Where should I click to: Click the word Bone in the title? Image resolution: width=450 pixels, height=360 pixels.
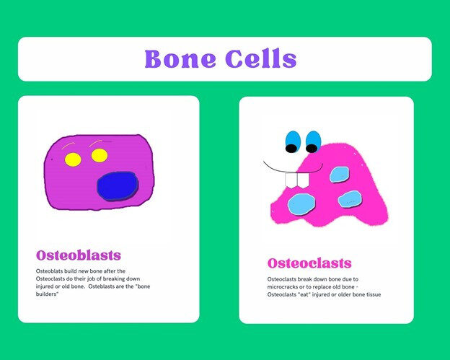coord(180,59)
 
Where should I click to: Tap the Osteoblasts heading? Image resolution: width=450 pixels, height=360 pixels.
coord(79,255)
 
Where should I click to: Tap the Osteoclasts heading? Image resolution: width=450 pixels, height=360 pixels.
coord(309,263)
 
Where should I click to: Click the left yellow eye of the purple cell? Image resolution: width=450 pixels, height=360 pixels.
coord(73,159)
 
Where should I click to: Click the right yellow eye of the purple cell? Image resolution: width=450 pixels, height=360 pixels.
coord(100,156)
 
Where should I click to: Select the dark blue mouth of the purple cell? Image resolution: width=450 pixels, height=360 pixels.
coord(118,186)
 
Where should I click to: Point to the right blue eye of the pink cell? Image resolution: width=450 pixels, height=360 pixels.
coord(313,141)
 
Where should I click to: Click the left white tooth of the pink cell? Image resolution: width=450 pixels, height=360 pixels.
coord(291,181)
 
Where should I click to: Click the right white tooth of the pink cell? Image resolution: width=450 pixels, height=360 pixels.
coord(303,180)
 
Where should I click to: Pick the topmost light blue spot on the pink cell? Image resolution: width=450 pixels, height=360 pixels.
coord(339,175)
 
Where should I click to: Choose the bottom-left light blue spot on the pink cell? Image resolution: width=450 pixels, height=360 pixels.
coord(301,204)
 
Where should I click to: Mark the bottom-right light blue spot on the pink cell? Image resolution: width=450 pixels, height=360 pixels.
coord(350,199)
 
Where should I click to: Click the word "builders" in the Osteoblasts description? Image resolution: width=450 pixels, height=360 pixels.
coord(48,294)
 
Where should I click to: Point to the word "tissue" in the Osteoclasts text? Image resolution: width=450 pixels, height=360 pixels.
coord(374,294)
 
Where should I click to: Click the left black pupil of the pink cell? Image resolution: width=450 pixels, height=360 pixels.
coord(291,149)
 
